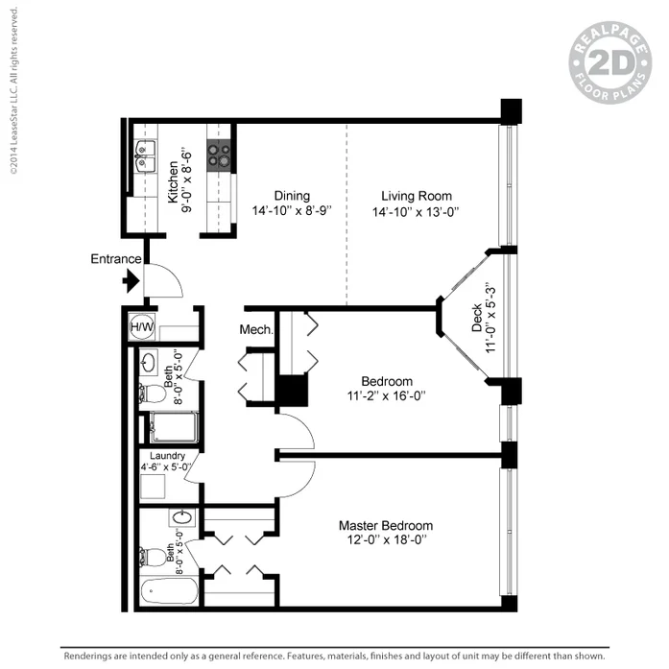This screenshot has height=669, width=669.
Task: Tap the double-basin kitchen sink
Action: click(146, 155)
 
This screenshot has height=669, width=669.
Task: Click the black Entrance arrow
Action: click(131, 281)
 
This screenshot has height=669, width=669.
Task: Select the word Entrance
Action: click(116, 259)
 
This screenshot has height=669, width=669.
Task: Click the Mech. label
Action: click(256, 330)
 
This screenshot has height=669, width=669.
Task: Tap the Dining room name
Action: click(291, 195)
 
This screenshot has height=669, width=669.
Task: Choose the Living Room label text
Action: click(415, 195)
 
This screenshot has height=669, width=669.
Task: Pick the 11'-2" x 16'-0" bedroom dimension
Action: click(386, 395)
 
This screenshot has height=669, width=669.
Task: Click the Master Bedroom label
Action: click(385, 525)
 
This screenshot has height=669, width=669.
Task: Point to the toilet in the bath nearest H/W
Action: click(151, 393)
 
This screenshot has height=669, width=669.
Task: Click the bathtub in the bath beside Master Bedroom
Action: click(169, 590)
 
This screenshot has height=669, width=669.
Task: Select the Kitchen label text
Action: click(173, 179)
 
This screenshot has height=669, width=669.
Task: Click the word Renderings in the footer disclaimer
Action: click(93, 656)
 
